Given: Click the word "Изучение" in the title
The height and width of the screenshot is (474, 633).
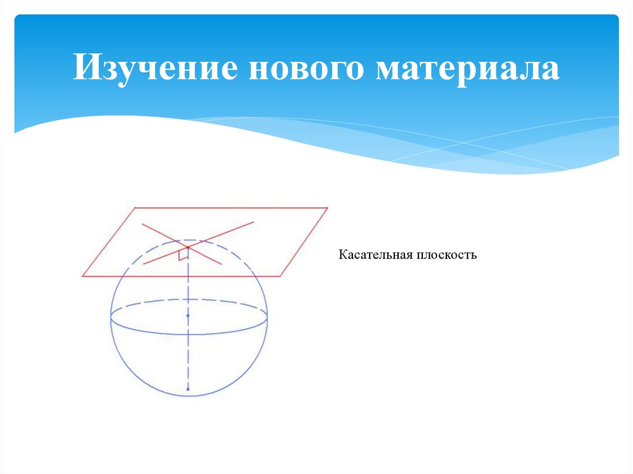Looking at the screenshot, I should (x=155, y=67).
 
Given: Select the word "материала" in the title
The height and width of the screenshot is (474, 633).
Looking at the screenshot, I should (x=467, y=67).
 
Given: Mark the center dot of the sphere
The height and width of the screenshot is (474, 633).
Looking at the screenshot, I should (x=188, y=316).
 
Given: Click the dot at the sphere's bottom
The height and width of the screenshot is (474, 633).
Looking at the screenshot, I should (x=188, y=389).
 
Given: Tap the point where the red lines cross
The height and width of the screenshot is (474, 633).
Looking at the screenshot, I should (x=187, y=247).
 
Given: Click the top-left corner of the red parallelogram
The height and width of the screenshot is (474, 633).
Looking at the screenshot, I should (x=135, y=208).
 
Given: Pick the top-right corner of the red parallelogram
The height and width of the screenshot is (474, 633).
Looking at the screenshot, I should (x=327, y=208).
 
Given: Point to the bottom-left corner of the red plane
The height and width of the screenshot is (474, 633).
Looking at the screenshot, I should (x=82, y=276).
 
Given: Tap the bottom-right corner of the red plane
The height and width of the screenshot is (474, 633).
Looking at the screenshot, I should (x=282, y=276).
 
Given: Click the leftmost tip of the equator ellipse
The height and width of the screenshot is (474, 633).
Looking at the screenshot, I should (x=111, y=318).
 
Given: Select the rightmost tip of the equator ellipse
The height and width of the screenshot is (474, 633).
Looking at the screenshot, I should (x=268, y=318).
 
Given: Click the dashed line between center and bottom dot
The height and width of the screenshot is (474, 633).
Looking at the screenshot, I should (x=188, y=352).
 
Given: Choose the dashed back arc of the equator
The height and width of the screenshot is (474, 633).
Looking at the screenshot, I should (x=189, y=300).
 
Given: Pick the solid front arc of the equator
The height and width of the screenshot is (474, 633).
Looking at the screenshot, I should (x=189, y=334).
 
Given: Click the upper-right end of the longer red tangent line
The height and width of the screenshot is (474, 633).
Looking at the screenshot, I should (x=253, y=221).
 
